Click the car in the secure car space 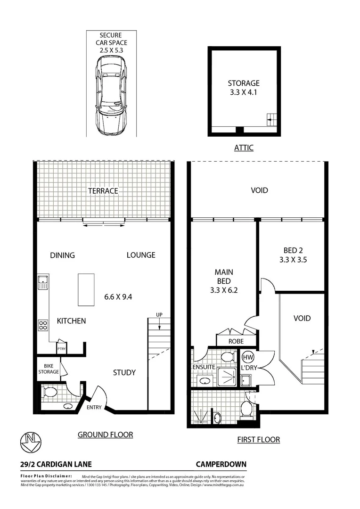111,96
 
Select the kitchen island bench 86,289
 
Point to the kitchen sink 43,283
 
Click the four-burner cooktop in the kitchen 43,325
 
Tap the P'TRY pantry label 61,349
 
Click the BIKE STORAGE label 49,369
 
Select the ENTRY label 94,408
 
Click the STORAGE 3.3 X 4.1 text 244,88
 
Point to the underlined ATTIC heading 244,148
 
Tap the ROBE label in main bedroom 236,340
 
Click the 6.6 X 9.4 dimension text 118,297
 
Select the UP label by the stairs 159,314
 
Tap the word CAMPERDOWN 221,464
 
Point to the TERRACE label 103,191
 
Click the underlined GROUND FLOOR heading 105,435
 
